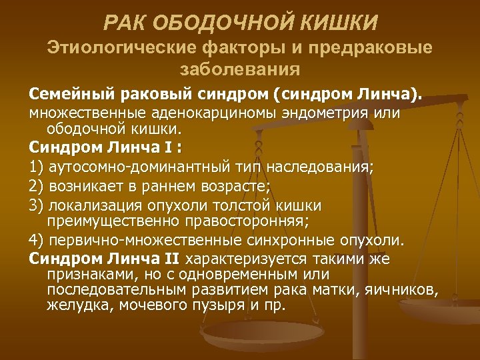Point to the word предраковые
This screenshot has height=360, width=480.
point(378,48)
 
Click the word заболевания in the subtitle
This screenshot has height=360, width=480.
point(240,68)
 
